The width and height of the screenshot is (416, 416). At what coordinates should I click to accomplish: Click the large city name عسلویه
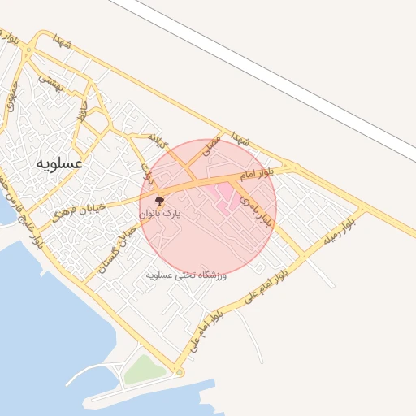(x=59, y=162)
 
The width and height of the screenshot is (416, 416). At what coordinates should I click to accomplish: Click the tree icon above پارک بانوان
(x=158, y=200)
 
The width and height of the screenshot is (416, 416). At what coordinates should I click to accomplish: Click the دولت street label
(x=147, y=168)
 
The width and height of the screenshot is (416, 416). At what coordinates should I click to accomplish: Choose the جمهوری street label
(x=11, y=102)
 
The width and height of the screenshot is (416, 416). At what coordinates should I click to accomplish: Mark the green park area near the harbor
(x=145, y=370)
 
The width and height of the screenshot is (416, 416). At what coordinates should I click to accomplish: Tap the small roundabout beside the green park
(x=179, y=372)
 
